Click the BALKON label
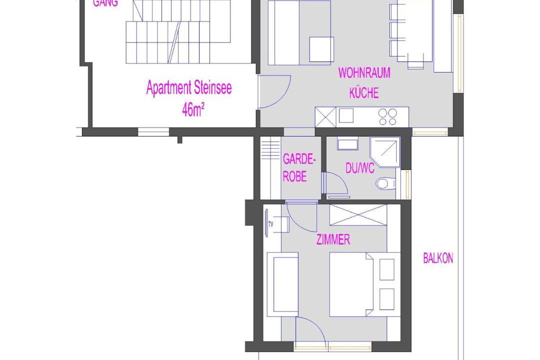click(x=437, y=258)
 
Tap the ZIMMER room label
click(x=333, y=239)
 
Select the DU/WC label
click(x=360, y=168)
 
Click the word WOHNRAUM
click(x=364, y=73)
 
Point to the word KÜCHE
click(x=364, y=92)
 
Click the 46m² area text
click(x=193, y=110)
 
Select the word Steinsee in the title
click(x=213, y=88)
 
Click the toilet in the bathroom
click(x=385, y=183)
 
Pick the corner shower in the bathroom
click(x=384, y=152)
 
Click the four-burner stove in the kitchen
click(x=388, y=117)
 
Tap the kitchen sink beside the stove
click(x=346, y=116)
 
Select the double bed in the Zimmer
click(x=351, y=284)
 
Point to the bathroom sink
click(x=347, y=143)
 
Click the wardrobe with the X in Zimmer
click(x=358, y=215)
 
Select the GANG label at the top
click(x=105, y=3)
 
